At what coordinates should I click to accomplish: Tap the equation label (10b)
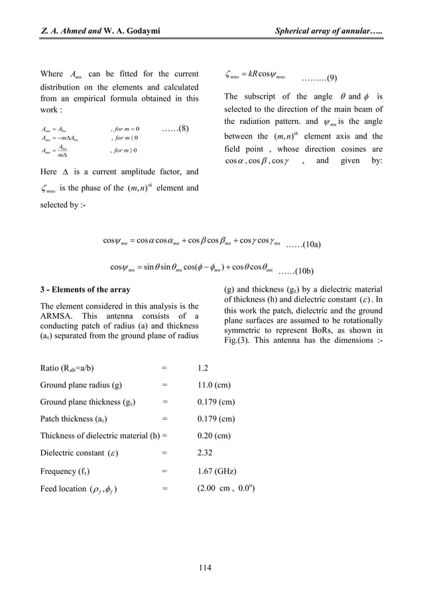tap(296, 271)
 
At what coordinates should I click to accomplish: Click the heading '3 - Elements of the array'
tap(86, 290)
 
